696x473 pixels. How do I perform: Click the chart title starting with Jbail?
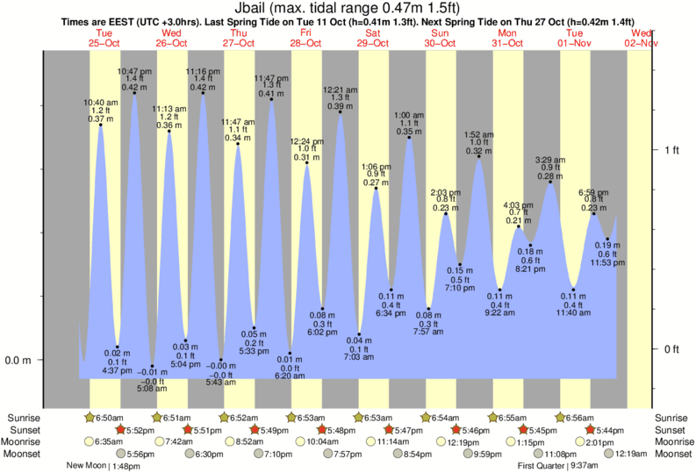[347, 8]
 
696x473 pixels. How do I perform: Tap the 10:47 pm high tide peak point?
[134, 92]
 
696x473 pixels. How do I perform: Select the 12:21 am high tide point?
[340, 111]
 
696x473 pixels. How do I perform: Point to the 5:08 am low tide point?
[152, 366]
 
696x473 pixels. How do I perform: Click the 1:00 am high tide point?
[409, 137]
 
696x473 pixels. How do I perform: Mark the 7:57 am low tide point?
[428, 308]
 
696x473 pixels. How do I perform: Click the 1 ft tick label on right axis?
[671, 150]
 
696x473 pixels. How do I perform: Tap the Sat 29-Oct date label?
[374, 38]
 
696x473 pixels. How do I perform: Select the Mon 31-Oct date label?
[508, 38]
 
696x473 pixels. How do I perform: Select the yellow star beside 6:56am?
[561, 418]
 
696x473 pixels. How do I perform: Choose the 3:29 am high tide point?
[550, 179]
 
